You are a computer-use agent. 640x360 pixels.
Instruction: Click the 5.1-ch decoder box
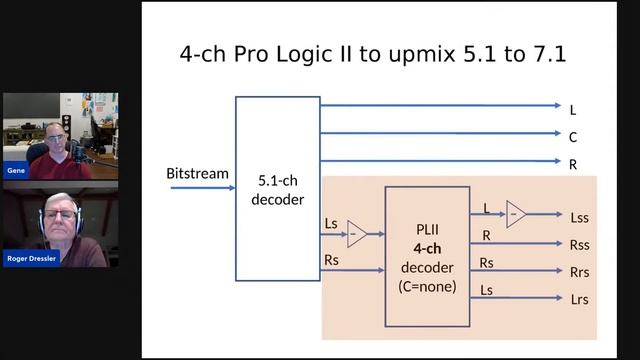[x=277, y=188]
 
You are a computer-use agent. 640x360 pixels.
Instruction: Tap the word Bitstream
[x=197, y=174]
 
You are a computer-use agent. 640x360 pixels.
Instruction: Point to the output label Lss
[x=580, y=216]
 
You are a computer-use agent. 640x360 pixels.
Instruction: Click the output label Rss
[x=580, y=243]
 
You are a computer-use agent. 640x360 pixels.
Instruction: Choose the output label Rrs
[x=580, y=271]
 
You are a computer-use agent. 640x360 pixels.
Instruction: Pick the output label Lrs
[x=580, y=299]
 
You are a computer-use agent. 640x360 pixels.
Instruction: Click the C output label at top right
[x=573, y=137]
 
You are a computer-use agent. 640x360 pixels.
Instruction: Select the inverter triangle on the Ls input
[x=357, y=235]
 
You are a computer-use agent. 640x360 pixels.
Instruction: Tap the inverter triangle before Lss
[x=516, y=214]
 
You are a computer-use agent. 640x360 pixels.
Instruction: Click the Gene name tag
[x=16, y=171]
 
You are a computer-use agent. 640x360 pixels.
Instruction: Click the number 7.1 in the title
[x=546, y=54]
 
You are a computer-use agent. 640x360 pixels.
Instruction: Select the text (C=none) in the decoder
[x=427, y=286]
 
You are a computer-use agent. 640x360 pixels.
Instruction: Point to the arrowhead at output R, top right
[x=557, y=161]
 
